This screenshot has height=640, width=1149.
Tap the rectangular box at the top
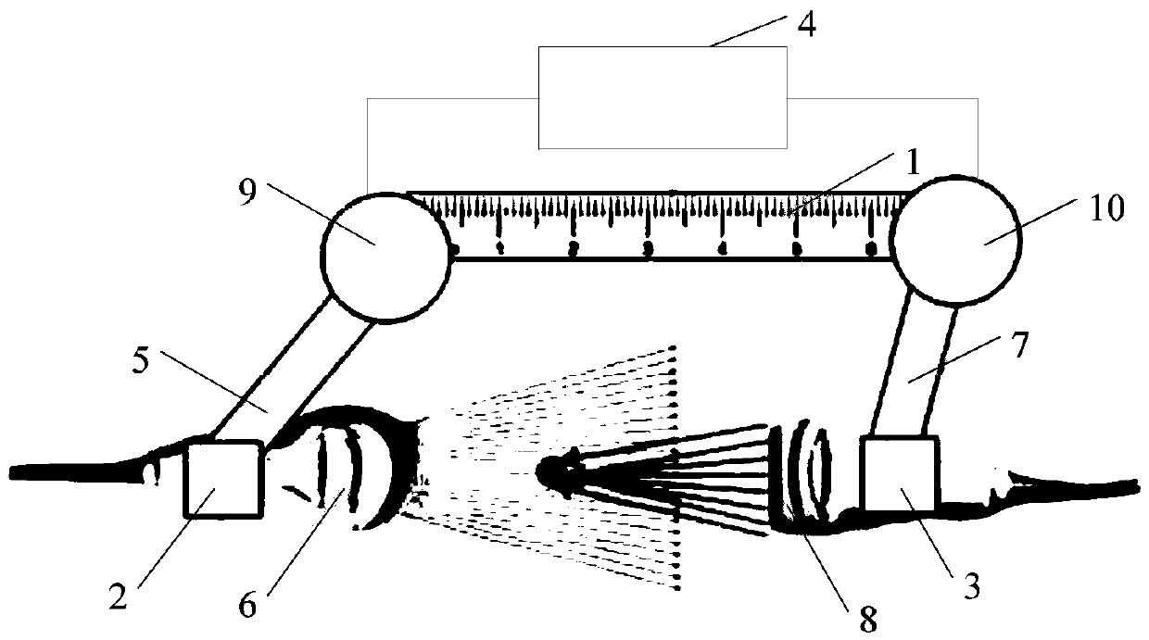[663, 98]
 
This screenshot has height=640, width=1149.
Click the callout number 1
[912, 163]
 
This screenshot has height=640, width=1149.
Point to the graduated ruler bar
[667, 226]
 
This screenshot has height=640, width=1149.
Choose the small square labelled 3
[900, 471]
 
